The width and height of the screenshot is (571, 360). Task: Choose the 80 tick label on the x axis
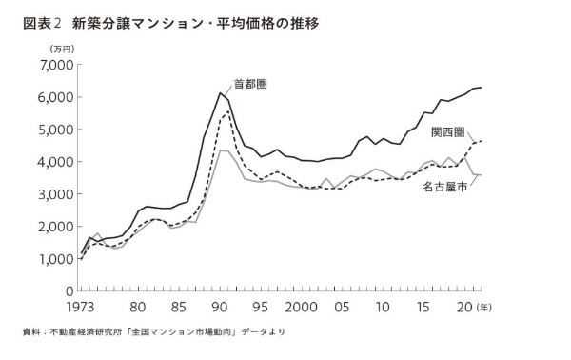coord(138,309)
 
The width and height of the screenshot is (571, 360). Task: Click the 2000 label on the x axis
coord(301,309)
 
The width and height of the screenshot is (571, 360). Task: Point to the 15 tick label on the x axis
coord(423,309)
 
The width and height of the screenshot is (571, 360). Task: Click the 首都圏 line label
coord(248,85)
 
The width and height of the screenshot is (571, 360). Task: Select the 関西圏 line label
coord(446,131)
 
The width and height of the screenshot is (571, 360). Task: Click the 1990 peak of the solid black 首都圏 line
coord(220,92)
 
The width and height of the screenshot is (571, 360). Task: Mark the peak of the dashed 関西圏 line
coord(227,110)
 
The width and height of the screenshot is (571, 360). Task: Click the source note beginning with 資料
coord(152,332)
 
